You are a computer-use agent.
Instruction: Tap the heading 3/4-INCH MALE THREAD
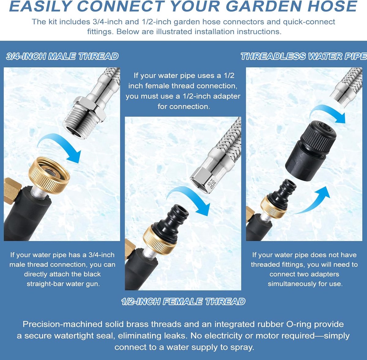pos(62,56)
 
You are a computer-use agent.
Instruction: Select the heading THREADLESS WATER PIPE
pos(304,56)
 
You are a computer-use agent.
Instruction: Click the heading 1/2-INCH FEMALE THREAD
pos(183,302)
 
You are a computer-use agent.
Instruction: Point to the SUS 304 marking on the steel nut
pos(212,184)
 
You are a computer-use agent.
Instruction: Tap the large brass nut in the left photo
pos(49,175)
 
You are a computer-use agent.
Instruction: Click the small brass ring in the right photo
pos(273,208)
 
